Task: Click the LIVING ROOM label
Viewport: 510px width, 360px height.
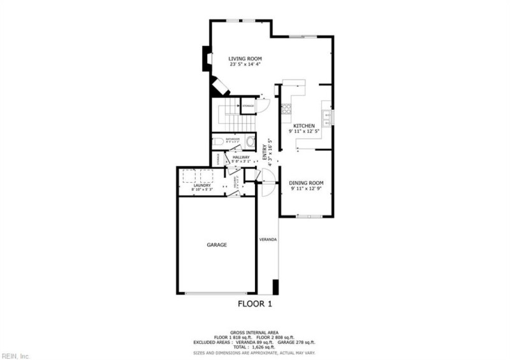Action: [245, 59]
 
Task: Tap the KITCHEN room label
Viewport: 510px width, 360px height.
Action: [304, 126]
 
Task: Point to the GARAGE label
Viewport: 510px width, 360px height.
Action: [217, 245]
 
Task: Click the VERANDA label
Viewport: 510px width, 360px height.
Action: [268, 240]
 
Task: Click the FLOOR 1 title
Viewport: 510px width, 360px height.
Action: [255, 304]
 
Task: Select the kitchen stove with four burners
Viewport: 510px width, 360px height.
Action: [286, 108]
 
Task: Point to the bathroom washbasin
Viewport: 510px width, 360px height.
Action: [250, 141]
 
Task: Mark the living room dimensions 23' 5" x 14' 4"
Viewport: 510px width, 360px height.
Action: [245, 64]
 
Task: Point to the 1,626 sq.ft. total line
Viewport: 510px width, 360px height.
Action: [254, 347]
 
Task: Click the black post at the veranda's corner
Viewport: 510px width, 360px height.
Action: [275, 287]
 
